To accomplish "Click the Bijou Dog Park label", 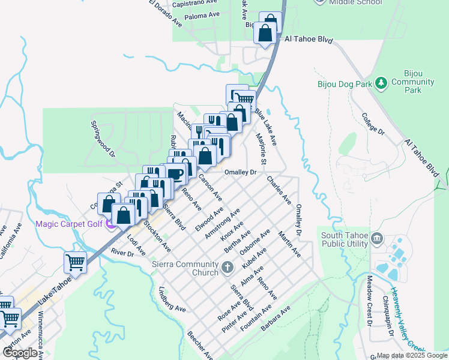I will click(x=343, y=85).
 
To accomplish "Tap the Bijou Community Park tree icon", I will click(x=380, y=82).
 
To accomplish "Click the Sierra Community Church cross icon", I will click(x=228, y=266).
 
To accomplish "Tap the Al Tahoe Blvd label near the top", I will click(x=309, y=39).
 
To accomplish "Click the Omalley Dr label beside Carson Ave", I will click(x=240, y=172).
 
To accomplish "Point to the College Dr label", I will click(x=372, y=123).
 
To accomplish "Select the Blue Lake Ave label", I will click(x=265, y=127).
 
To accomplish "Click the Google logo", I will click(x=20, y=353).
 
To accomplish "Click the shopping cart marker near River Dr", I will click(x=75, y=262).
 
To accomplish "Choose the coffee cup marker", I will click(x=175, y=173).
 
